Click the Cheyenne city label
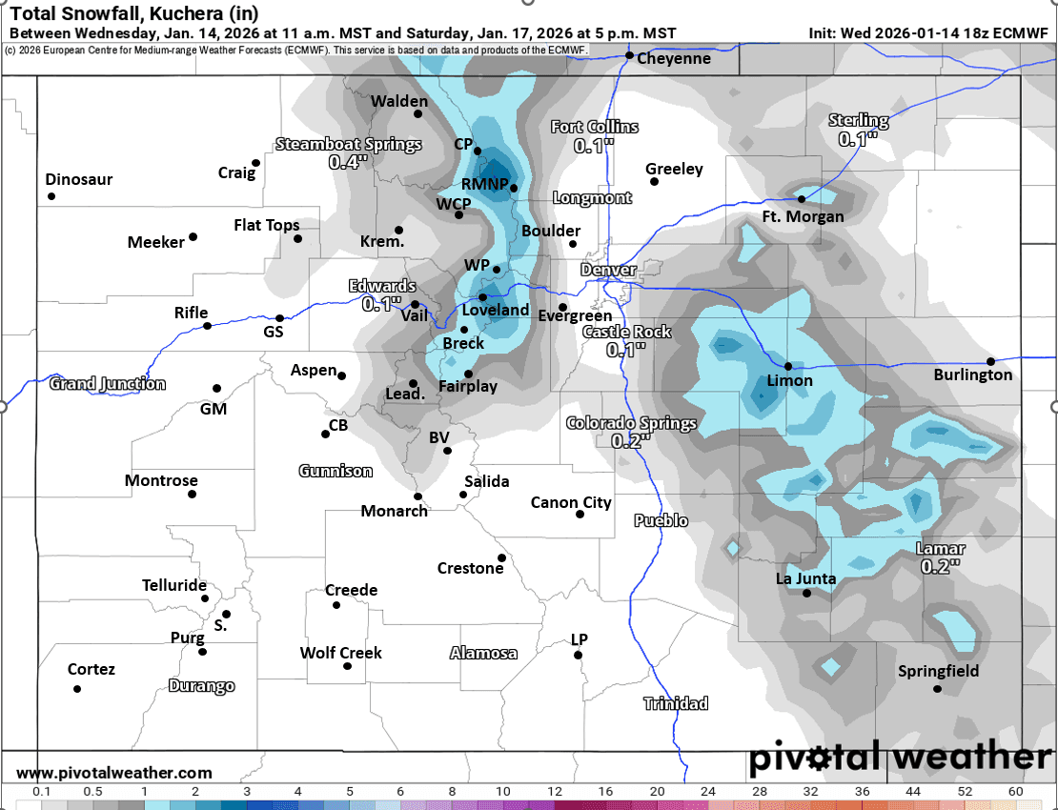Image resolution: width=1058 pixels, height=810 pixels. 674,59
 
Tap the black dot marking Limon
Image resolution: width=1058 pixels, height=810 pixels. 788,366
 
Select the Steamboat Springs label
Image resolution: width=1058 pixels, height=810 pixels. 348,145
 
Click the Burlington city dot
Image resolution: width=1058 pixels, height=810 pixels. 991,361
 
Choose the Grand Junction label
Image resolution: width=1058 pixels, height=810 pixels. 107,384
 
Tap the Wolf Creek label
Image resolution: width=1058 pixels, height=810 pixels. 340,653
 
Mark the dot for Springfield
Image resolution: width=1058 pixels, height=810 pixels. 937,689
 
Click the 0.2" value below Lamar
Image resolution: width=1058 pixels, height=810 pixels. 940,566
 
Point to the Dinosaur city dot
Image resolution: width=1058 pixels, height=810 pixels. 51,196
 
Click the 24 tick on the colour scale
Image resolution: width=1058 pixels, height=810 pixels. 707,792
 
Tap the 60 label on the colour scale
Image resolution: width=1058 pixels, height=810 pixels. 1015,792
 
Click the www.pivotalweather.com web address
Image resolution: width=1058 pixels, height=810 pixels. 114,773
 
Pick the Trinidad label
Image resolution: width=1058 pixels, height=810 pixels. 676,703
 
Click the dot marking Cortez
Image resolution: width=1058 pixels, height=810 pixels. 77,689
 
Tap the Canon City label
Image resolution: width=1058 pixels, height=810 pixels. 571,502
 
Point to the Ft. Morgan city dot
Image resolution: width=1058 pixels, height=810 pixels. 802,199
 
